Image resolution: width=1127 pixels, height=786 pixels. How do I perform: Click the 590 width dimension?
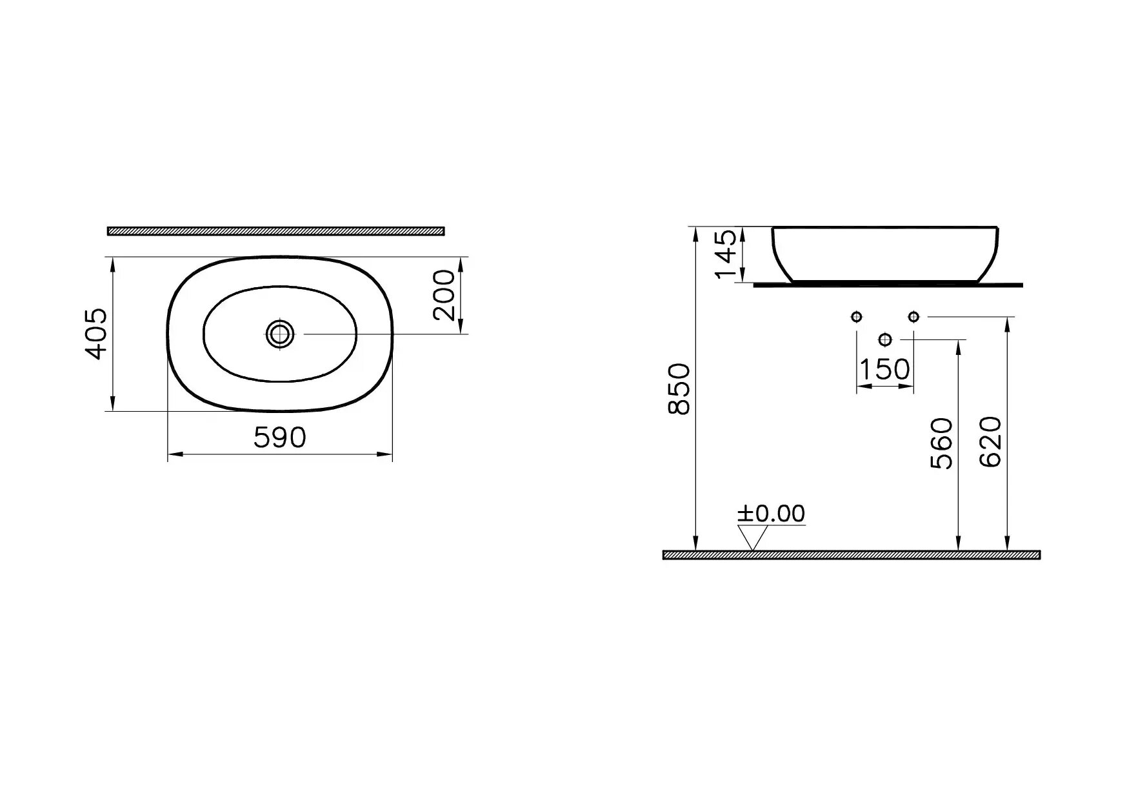(x=279, y=438)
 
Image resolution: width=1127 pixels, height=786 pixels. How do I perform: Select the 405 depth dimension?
(x=97, y=334)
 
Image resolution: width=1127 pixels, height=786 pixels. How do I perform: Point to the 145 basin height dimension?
(x=727, y=254)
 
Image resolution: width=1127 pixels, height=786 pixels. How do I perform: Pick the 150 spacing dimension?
(x=884, y=370)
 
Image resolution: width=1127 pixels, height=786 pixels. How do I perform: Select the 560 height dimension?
(x=942, y=443)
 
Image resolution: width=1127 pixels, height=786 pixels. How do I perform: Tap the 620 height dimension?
(x=991, y=442)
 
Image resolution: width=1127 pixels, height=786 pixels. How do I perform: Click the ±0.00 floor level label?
(x=772, y=514)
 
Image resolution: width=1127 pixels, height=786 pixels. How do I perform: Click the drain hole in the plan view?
(x=280, y=334)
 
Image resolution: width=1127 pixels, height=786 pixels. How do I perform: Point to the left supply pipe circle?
(x=857, y=316)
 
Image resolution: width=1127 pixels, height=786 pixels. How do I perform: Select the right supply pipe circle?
(x=913, y=316)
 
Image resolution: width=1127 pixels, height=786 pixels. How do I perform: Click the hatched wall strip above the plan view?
(x=276, y=230)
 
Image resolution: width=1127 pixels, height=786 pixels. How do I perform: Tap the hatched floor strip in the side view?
(x=852, y=555)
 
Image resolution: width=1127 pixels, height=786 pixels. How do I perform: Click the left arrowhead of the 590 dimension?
(x=173, y=456)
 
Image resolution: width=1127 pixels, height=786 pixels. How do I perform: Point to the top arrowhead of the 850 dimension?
(x=695, y=233)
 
